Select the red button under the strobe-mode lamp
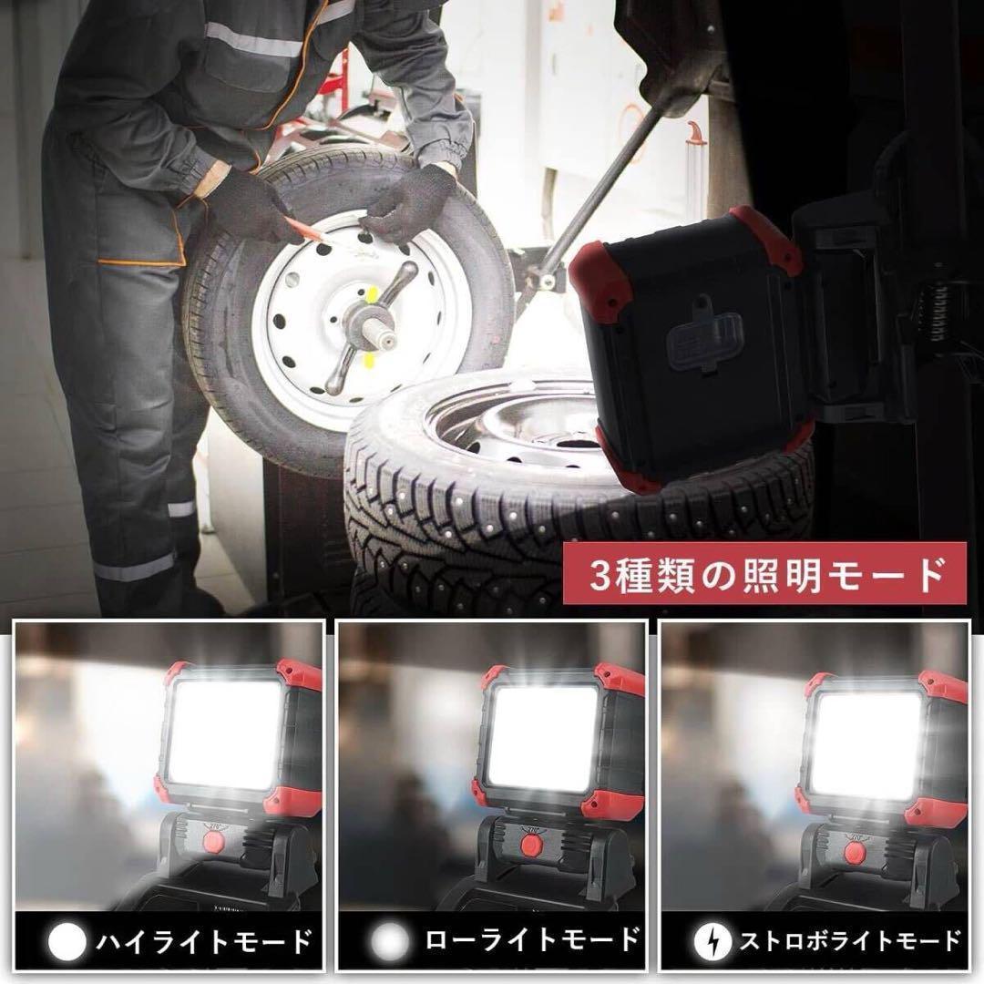[x=853, y=852]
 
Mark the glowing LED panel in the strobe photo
[x=865, y=743]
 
